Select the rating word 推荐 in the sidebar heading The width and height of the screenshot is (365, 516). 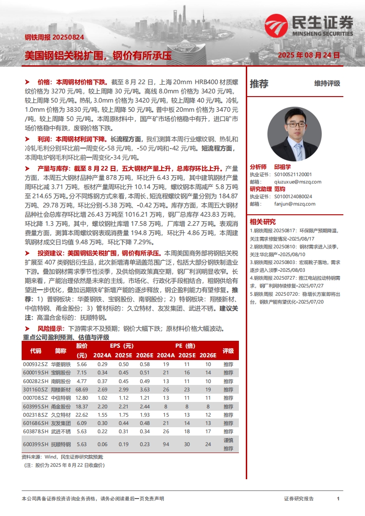point(259,84)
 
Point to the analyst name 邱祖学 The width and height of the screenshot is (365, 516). point(282,167)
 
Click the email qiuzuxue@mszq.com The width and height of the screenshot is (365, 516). point(297,182)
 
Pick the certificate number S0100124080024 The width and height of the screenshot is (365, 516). point(293,196)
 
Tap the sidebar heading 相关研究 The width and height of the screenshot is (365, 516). point(262,221)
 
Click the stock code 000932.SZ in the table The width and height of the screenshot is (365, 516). point(35,364)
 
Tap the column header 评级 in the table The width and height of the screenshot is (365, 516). point(228,350)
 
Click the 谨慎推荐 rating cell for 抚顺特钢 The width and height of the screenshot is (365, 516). point(228,444)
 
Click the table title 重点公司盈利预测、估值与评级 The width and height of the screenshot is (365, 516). point(65,337)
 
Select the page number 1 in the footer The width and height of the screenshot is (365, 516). point(338,499)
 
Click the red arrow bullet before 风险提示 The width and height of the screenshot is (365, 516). point(28,329)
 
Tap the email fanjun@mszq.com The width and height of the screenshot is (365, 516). point(294,204)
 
